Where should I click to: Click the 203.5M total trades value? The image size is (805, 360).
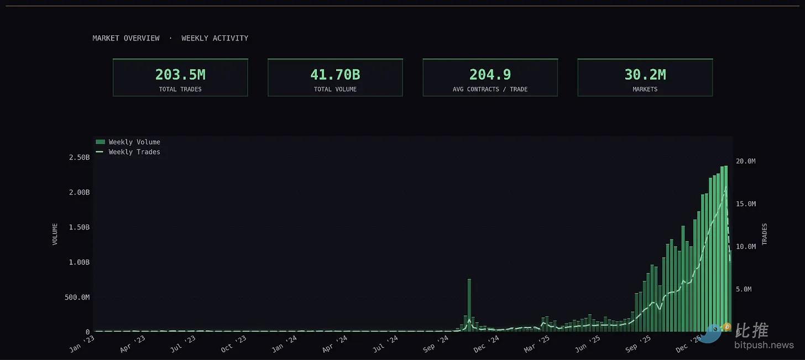pyautogui.click(x=180, y=75)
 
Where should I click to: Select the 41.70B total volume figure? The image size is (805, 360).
pyautogui.click(x=335, y=75)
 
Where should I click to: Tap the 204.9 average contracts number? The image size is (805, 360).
pyautogui.click(x=490, y=75)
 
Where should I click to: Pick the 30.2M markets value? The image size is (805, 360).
pyautogui.click(x=645, y=75)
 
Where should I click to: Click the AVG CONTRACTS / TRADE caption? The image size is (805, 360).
pyautogui.click(x=490, y=89)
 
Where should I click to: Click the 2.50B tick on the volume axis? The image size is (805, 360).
pyautogui.click(x=79, y=158)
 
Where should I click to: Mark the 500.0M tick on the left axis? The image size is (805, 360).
pyautogui.click(x=77, y=298)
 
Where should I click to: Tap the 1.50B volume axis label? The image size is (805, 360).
pyautogui.click(x=79, y=227)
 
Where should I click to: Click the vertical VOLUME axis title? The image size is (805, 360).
pyautogui.click(x=55, y=234)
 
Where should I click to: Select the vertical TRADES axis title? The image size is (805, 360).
pyautogui.click(x=765, y=234)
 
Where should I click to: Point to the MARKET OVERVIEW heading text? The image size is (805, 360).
pyautogui.click(x=126, y=38)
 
